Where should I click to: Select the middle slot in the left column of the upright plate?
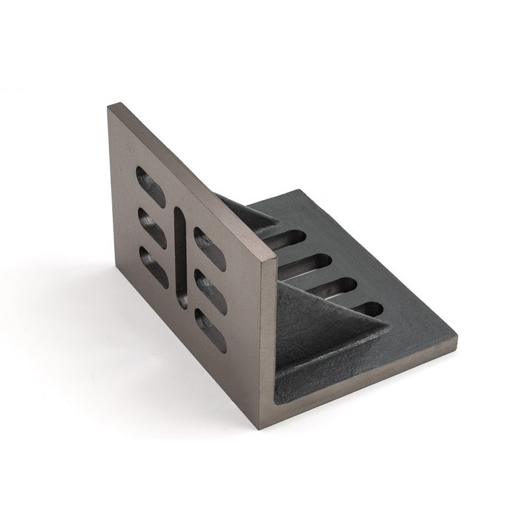(150, 222)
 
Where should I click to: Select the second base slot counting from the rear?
(310, 263)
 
